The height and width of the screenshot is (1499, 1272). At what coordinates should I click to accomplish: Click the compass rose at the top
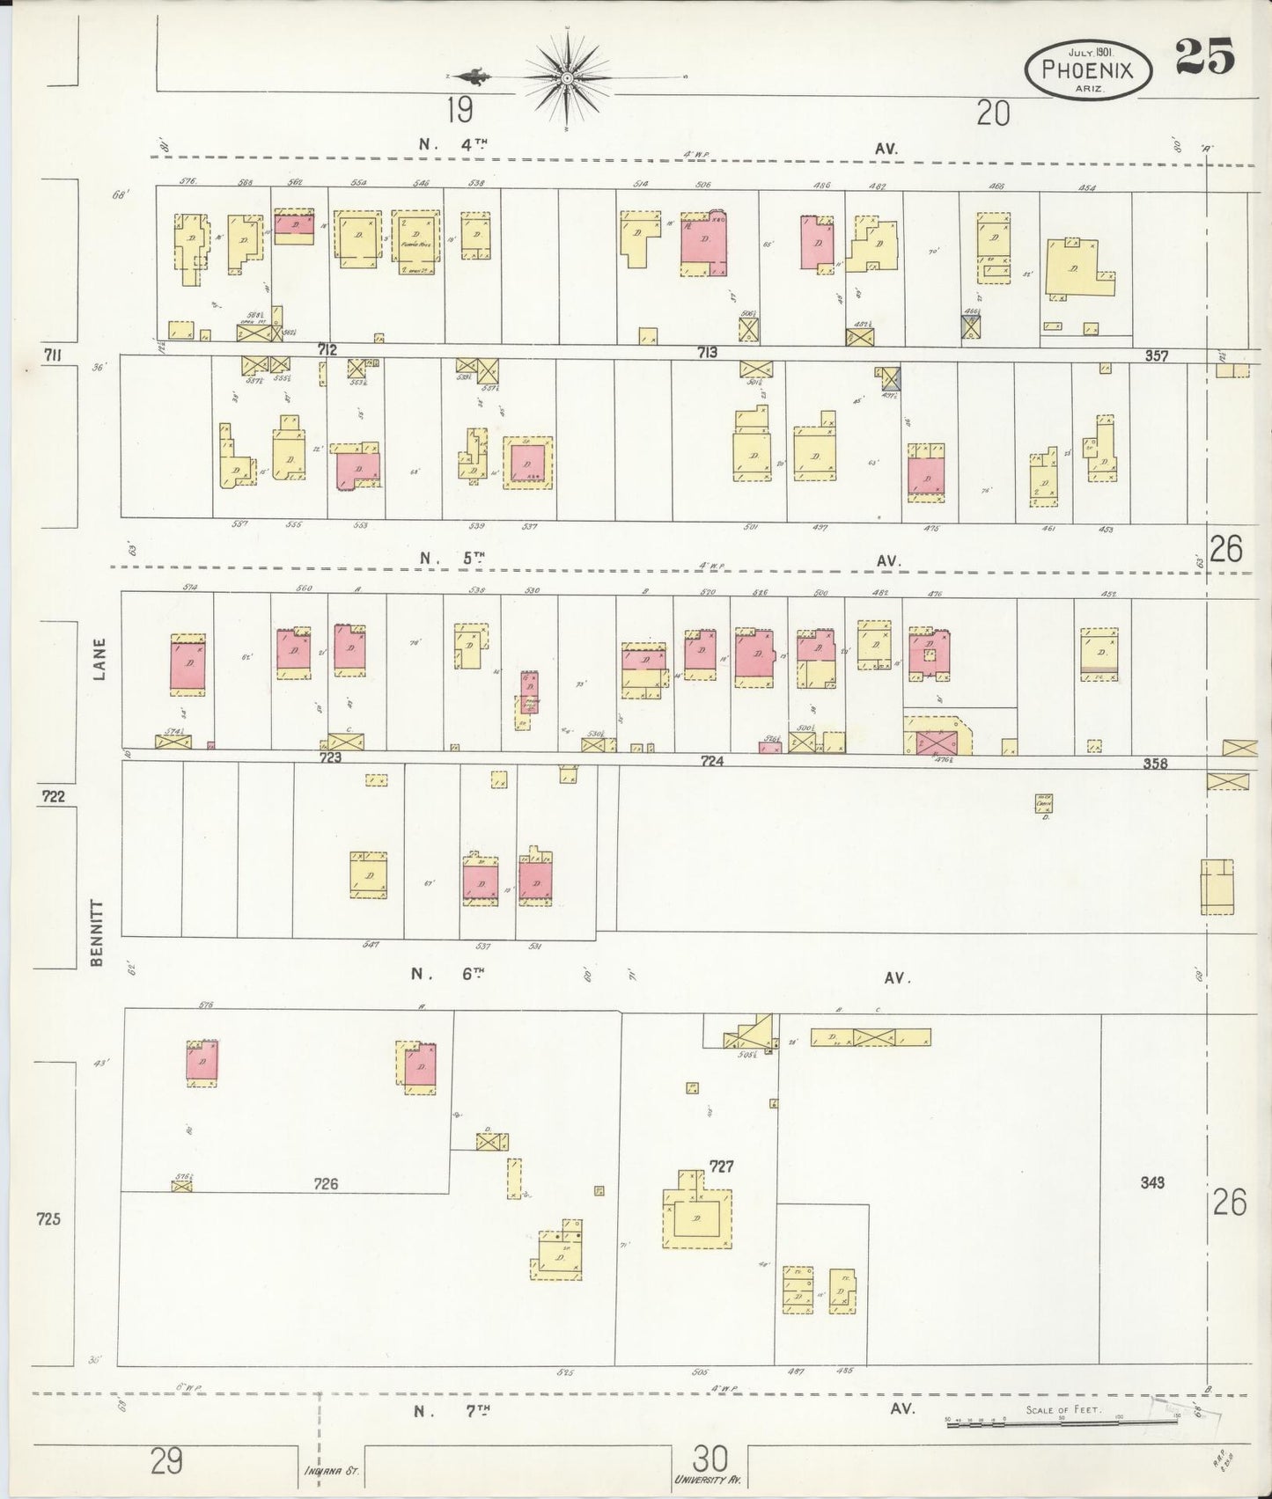click(568, 78)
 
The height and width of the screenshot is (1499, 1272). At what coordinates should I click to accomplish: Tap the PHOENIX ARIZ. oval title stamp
click(1087, 68)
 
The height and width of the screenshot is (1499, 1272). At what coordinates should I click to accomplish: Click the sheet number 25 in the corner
click(1204, 57)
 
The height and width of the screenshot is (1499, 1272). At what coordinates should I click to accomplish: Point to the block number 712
click(327, 350)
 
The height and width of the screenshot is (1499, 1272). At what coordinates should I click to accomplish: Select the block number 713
click(707, 353)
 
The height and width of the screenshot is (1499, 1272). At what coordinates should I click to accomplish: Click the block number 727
click(722, 1167)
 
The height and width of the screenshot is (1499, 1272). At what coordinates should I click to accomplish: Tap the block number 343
click(1151, 1182)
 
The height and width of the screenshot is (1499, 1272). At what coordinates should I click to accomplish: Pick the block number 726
click(327, 1184)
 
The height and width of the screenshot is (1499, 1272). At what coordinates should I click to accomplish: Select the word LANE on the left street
click(99, 659)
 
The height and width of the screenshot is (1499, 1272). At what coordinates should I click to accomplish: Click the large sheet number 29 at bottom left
click(166, 1462)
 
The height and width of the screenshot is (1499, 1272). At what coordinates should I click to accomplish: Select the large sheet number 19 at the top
click(459, 112)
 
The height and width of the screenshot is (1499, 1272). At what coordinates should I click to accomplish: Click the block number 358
click(1155, 763)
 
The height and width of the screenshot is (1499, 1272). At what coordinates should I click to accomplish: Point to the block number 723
click(329, 757)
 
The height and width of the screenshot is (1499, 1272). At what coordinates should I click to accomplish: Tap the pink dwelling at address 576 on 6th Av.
click(202, 1063)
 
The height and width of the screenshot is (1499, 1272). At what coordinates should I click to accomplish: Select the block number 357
click(1157, 356)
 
